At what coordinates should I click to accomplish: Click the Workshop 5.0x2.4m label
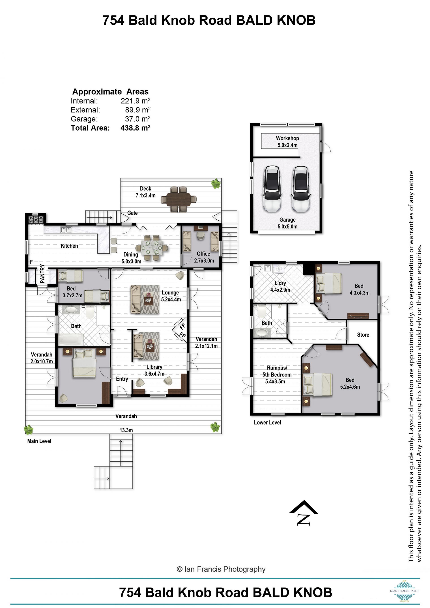287,142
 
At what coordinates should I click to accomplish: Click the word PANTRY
42,274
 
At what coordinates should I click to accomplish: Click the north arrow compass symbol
303,513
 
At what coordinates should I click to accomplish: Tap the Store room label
363,335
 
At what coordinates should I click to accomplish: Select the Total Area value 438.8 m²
135,128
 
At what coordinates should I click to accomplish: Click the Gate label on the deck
132,213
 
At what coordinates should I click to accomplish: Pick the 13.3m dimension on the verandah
126,430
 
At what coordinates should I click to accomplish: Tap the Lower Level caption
267,422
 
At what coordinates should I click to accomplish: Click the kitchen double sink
66,230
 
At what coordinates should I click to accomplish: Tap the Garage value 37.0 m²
138,119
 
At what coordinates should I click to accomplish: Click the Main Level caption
39,441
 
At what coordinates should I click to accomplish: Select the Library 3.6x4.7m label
154,370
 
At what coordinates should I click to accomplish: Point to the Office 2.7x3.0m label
204,257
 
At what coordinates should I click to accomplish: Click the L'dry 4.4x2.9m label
280,286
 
